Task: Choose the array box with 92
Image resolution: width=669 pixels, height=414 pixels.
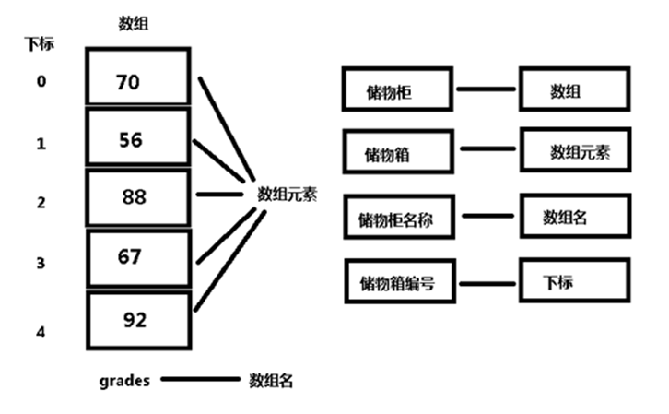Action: (x=138, y=319)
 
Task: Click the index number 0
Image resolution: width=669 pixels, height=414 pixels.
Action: (x=41, y=81)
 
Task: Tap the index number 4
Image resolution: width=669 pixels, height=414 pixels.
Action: (x=41, y=330)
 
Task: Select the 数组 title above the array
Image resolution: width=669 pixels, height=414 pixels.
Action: (x=135, y=23)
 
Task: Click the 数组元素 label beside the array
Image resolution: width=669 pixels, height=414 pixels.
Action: (x=286, y=195)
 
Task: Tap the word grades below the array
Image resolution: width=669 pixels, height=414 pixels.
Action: (x=124, y=380)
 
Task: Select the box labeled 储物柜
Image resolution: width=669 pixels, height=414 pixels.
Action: (x=396, y=91)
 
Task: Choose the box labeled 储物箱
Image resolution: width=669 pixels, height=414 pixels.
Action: (x=396, y=153)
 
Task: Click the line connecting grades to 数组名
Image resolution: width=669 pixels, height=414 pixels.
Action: (x=199, y=379)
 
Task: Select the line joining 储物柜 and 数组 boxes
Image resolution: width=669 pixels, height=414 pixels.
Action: (x=486, y=90)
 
